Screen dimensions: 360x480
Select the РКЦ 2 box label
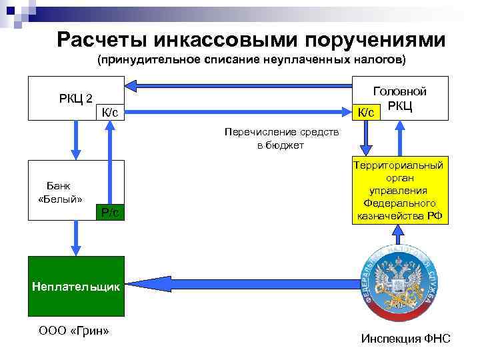[x=75, y=99]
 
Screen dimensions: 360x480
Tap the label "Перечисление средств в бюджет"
[x=281, y=139]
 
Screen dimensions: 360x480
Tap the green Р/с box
[x=110, y=212]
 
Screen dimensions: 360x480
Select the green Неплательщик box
[x=75, y=287]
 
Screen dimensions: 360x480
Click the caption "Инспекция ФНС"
[x=405, y=339]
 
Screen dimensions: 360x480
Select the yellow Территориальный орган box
[x=399, y=191]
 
